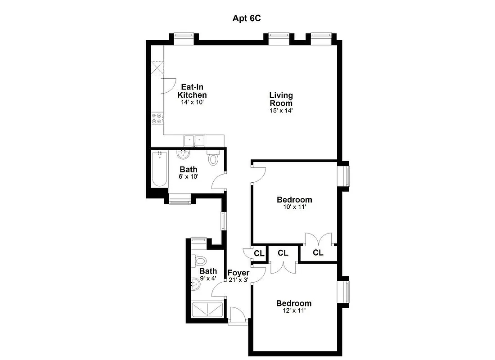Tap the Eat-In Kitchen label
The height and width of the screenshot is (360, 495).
click(192, 91)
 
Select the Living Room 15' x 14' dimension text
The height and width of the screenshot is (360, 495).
click(281, 110)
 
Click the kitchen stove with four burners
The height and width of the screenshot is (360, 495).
click(157, 119)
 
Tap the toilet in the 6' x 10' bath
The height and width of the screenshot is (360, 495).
click(213, 158)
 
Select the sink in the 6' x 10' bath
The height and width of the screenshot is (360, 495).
click(183, 155)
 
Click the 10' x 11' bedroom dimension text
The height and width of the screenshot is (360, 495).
click(294, 207)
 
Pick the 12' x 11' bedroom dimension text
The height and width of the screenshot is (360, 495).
click(294, 310)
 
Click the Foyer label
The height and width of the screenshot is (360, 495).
click(238, 273)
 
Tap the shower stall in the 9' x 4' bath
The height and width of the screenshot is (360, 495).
click(207, 310)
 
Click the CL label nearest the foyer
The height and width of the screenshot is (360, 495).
click(259, 253)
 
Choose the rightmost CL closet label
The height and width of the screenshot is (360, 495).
click(318, 253)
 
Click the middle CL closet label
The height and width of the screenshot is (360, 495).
click(283, 253)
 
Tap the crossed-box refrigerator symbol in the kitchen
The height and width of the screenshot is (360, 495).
click(157, 68)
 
